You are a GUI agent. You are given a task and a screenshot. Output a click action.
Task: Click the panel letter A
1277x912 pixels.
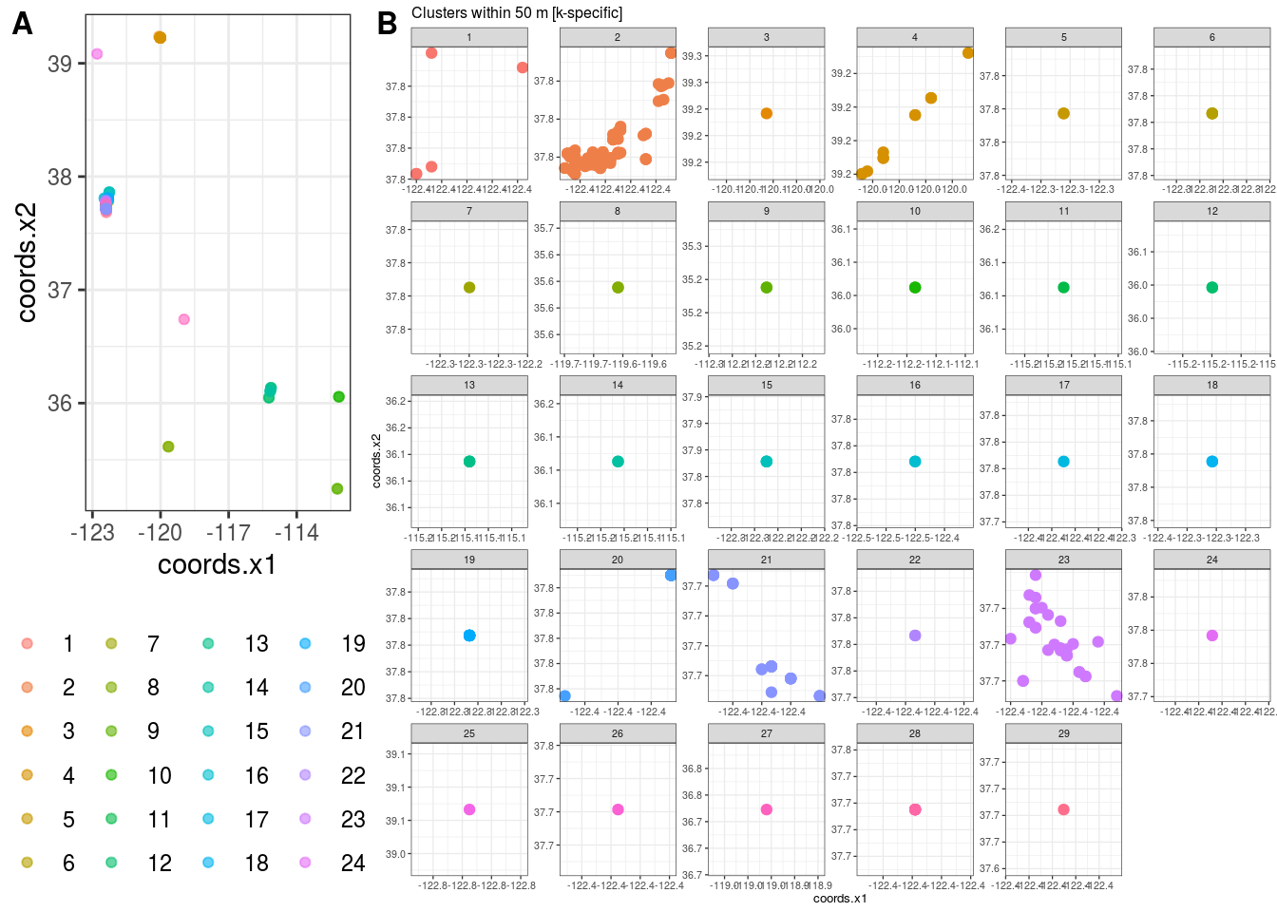point(22,24)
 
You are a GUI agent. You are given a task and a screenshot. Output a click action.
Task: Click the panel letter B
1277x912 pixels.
point(387,24)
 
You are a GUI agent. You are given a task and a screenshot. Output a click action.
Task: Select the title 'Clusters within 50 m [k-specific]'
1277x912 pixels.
point(517,13)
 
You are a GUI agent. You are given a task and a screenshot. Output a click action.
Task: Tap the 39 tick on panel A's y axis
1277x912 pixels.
point(60,65)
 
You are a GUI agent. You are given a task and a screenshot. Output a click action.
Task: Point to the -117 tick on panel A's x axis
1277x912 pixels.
point(228,533)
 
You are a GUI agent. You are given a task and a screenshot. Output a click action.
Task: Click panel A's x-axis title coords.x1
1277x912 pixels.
point(217,564)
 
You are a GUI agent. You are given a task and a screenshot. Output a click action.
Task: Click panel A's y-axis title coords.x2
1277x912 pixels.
point(27,263)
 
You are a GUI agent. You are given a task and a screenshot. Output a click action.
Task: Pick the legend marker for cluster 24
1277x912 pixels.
point(305,863)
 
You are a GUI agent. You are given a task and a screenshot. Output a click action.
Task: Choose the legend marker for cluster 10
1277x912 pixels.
point(111,775)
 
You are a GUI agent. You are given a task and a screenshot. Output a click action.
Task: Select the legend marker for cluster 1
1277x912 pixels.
point(27,644)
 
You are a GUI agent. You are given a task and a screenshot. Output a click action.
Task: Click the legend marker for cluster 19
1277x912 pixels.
point(305,644)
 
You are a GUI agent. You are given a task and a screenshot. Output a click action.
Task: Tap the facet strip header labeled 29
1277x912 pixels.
point(1063,733)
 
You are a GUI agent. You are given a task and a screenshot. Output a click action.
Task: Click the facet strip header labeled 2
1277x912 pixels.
point(618,37)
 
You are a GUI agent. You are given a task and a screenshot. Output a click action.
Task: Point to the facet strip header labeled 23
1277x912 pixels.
point(1063,560)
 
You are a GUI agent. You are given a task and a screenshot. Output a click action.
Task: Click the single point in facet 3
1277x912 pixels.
point(767,114)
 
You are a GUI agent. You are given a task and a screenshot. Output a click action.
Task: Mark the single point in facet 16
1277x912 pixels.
point(915,462)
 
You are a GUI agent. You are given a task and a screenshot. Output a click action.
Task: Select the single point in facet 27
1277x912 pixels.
point(767,809)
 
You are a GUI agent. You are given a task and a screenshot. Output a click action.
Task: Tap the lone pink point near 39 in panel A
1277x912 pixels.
point(97,54)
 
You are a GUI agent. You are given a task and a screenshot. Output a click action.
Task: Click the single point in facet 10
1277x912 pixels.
point(915,288)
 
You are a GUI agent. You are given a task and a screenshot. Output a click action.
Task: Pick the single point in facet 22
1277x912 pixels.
point(915,636)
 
